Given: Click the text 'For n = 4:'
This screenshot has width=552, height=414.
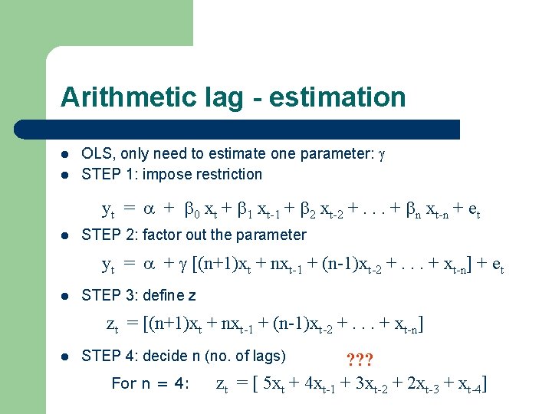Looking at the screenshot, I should (150, 383).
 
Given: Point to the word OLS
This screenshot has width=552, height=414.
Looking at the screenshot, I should (96, 153).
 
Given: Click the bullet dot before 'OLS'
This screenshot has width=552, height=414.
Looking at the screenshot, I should (65, 154).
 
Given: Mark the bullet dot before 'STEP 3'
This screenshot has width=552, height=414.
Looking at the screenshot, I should (65, 296).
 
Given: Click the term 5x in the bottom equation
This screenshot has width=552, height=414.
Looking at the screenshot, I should (270, 383).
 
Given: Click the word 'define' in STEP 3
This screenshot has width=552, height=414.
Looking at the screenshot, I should (166, 295).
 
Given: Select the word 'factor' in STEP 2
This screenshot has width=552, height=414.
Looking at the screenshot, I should (161, 235).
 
